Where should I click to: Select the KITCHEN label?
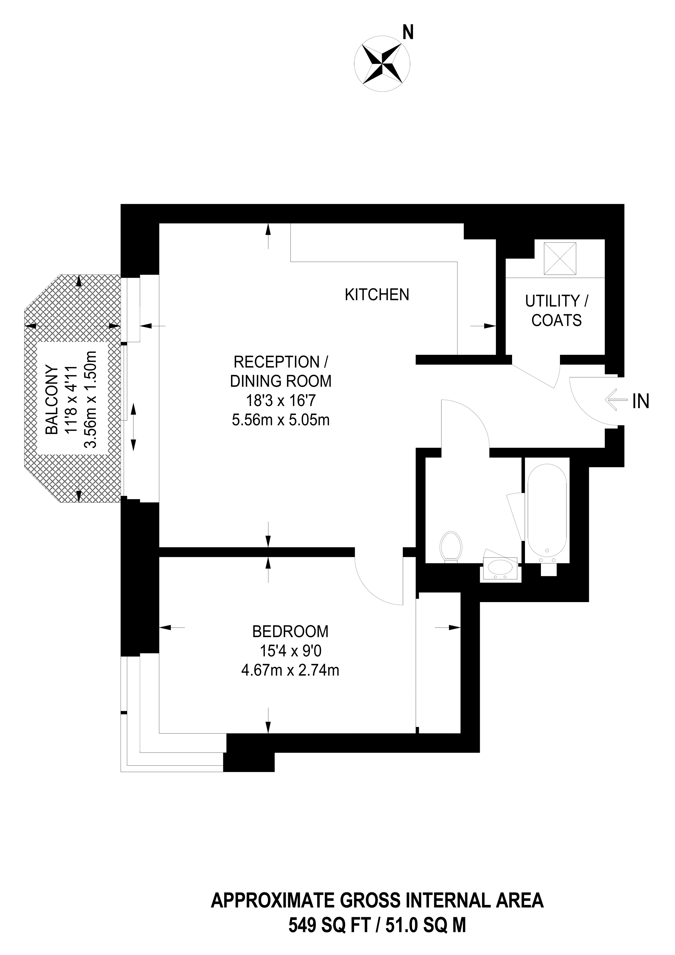tap(377, 295)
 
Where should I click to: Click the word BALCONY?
tap(52, 400)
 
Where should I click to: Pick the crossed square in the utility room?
tap(560, 259)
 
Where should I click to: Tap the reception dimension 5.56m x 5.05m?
tap(281, 420)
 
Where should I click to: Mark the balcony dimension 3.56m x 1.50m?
tap(90, 400)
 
